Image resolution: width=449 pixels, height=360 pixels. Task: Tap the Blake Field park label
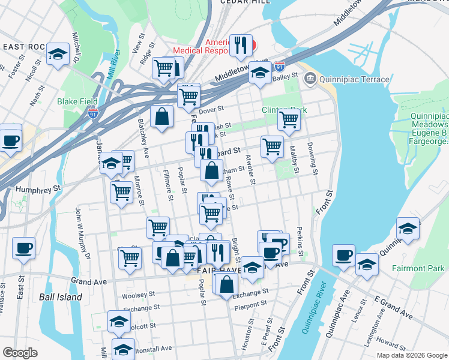tap(77, 101)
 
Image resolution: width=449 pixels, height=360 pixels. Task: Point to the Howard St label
tap(391, 344)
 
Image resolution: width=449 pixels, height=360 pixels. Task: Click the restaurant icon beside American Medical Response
tap(240, 44)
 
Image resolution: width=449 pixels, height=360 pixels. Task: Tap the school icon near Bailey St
tap(259, 74)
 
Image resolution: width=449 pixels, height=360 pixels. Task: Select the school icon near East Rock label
tap(58, 55)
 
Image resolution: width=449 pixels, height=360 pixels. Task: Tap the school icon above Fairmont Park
tap(408, 228)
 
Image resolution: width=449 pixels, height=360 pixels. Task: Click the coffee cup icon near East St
tap(23, 248)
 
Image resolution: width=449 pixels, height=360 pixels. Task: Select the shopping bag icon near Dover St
tap(162, 116)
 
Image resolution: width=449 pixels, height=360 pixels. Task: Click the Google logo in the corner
tap(20, 353)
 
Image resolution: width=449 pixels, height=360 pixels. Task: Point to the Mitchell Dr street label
tap(76, 49)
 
